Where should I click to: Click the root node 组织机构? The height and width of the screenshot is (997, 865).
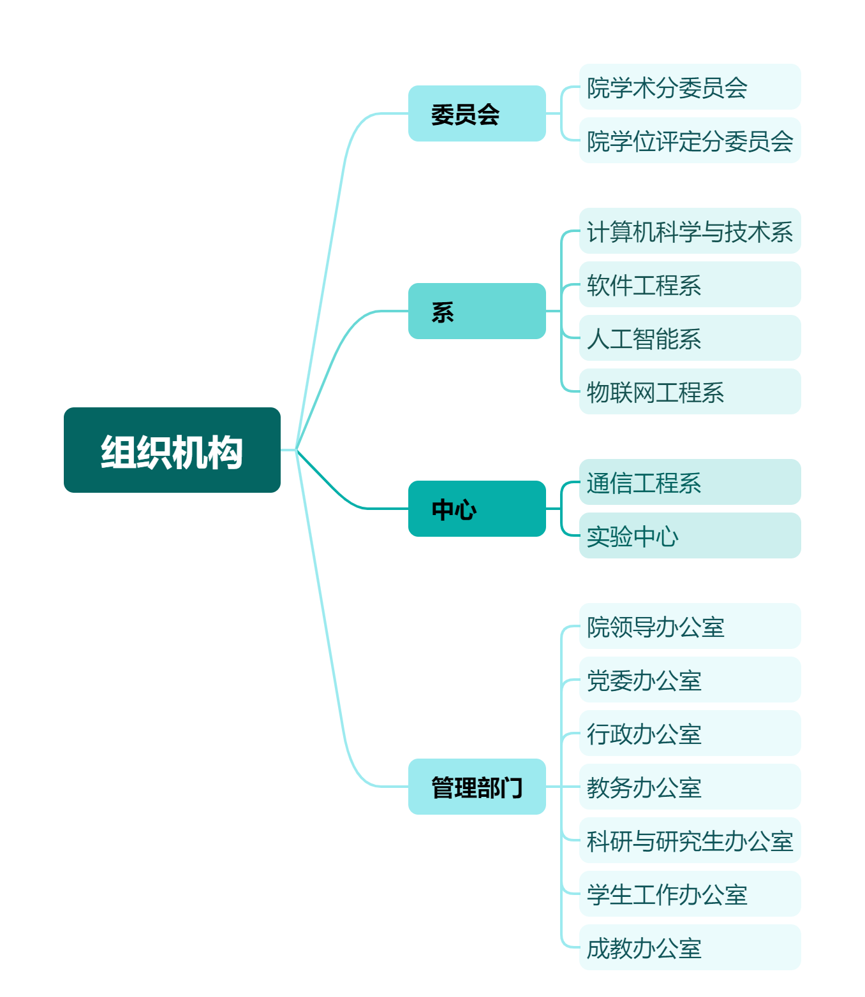click(172, 449)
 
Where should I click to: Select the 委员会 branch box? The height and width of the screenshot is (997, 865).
click(477, 113)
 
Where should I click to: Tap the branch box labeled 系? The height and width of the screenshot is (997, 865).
click(477, 311)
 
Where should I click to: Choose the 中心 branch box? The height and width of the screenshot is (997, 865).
click(477, 509)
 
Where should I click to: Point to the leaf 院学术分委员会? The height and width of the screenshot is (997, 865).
click(690, 87)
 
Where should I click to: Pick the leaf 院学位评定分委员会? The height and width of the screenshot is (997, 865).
click(690, 140)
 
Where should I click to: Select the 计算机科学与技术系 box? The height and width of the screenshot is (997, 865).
click(690, 231)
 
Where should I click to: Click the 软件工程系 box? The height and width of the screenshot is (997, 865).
click(690, 284)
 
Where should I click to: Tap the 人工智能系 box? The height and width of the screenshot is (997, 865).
click(690, 338)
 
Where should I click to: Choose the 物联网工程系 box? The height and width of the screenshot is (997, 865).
click(690, 391)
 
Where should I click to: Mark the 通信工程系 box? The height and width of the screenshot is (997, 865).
click(690, 482)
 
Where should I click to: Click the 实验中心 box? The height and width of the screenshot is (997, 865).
click(690, 535)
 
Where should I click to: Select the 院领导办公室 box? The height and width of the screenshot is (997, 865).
click(690, 626)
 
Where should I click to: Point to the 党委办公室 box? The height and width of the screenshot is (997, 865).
click(690, 680)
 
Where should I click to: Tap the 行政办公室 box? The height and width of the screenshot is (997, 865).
click(690, 733)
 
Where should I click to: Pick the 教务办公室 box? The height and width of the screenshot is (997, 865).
click(690, 787)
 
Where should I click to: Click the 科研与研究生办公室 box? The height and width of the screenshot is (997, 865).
click(690, 840)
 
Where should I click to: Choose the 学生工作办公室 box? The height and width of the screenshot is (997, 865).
click(690, 894)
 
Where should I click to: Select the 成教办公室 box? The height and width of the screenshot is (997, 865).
click(690, 947)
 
